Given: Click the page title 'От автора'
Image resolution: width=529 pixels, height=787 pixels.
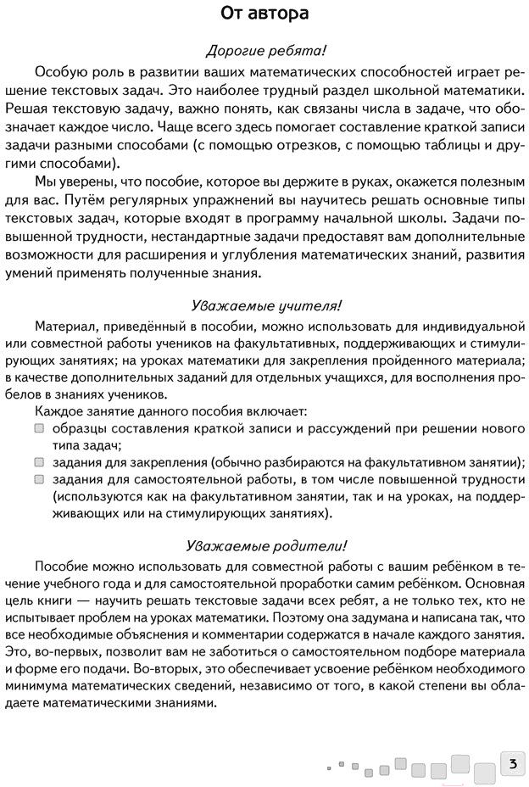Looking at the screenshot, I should [x=264, y=14].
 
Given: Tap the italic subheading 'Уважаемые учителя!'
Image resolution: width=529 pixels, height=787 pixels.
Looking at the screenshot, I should [x=264, y=305].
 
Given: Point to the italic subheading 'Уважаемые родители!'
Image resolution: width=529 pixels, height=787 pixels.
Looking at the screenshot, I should [x=264, y=544].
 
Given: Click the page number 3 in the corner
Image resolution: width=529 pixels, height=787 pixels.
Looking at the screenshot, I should [x=512, y=763].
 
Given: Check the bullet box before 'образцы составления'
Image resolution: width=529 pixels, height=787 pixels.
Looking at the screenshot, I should [x=40, y=428].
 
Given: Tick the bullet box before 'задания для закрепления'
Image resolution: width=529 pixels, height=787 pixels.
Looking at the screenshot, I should [x=40, y=462].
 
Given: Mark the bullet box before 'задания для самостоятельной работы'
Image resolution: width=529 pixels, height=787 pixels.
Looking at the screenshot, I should [x=40, y=479].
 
